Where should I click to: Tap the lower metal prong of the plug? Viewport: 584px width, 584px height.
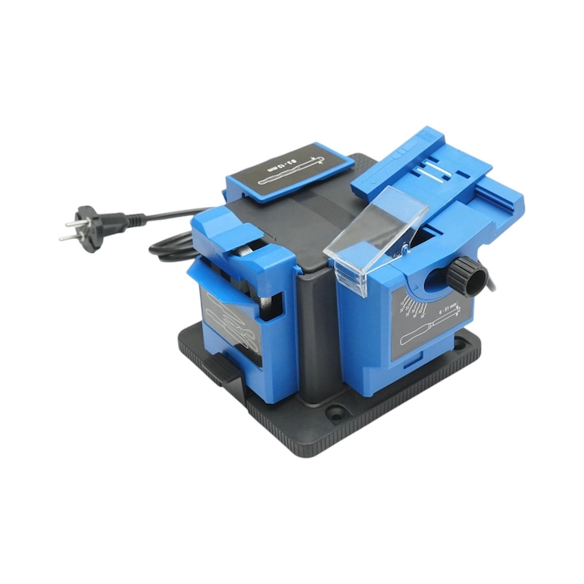[x=69, y=237]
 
